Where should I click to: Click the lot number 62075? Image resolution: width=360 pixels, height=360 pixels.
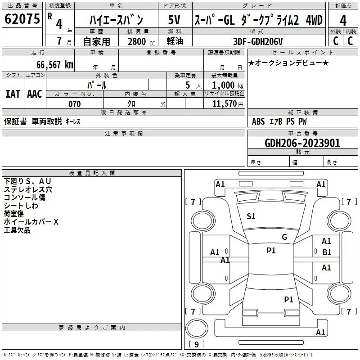tap(22, 19)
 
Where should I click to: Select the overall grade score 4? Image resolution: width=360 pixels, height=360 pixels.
tap(343, 21)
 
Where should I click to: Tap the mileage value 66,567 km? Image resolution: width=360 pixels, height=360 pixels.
tap(54, 65)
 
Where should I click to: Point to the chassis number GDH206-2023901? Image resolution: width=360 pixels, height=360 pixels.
tap(302, 143)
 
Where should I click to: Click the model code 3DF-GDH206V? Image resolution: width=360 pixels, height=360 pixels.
tap(258, 41)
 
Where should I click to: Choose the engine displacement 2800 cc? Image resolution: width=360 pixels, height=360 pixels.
tap(141, 41)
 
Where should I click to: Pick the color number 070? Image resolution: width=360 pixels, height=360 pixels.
tap(74, 104)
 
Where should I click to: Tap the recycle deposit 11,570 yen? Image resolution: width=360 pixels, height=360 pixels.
tap(228, 104)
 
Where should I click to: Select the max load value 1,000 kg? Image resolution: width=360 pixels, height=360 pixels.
tap(228, 85)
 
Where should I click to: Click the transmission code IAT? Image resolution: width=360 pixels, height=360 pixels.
tap(13, 94)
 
